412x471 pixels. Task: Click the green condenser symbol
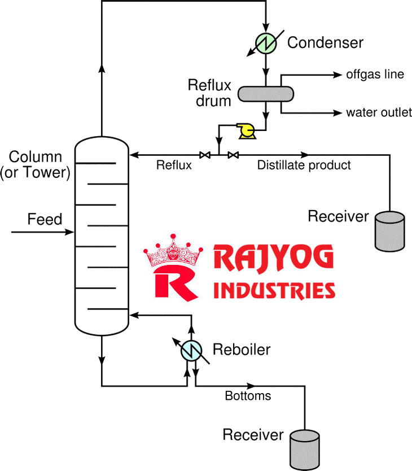pyautogui.click(x=265, y=41)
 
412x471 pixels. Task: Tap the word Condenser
pyautogui.click(x=326, y=42)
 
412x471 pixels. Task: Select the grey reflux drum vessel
pyautogui.click(x=265, y=93)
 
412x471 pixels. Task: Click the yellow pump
pyautogui.click(x=247, y=131)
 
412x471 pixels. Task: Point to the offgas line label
pyautogui.click(x=375, y=75)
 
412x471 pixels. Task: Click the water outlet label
pyautogui.click(x=379, y=113)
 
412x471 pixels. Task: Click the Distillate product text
pyautogui.click(x=304, y=165)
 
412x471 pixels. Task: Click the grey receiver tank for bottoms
pyautogui.click(x=305, y=448)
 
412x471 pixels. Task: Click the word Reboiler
pyautogui.click(x=241, y=350)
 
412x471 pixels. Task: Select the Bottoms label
pyautogui.click(x=248, y=396)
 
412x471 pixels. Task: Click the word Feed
pyautogui.click(x=45, y=219)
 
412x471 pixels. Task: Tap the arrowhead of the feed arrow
pyautogui.click(x=71, y=232)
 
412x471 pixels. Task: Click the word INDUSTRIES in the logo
pyautogui.click(x=274, y=290)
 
